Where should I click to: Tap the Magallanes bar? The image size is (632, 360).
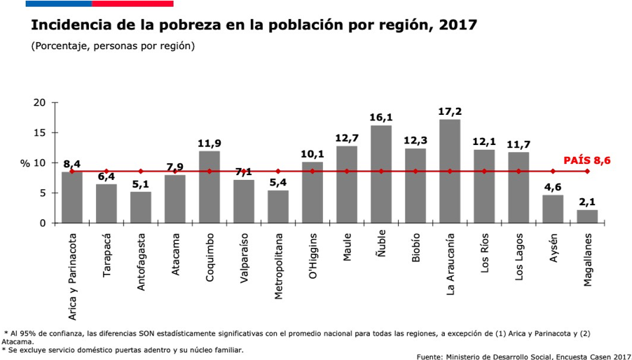tap(587, 216)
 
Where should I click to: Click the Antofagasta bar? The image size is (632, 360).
tap(141, 207)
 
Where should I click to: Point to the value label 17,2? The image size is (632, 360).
tap(450, 111)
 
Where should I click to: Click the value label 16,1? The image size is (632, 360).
tap(381, 118)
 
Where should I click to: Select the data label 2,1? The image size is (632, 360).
tap(587, 202)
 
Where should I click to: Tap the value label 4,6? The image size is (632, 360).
tap(553, 187)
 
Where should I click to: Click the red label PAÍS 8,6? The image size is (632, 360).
tap(587, 160)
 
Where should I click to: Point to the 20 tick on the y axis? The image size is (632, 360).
tap(39, 103)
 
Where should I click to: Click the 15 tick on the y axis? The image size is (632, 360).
tap(39, 133)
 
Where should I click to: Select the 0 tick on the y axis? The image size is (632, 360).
tap(42, 223)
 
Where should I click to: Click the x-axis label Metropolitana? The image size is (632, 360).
tap(278, 266)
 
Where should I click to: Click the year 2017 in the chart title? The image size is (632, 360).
tap(458, 25)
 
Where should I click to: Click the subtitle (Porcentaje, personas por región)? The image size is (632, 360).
tap(113, 46)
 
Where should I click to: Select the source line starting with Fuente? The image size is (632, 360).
tap(523, 356)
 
